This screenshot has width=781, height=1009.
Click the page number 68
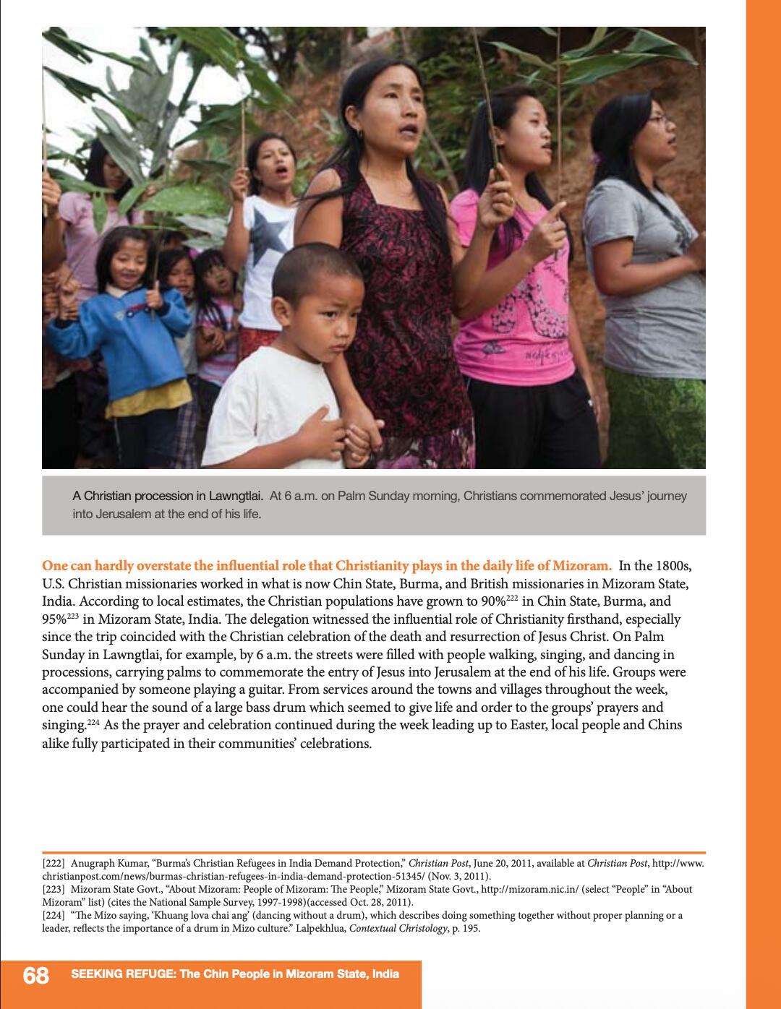35,976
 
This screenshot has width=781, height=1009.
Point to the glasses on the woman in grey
660,120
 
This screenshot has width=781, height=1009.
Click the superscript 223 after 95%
73,615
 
